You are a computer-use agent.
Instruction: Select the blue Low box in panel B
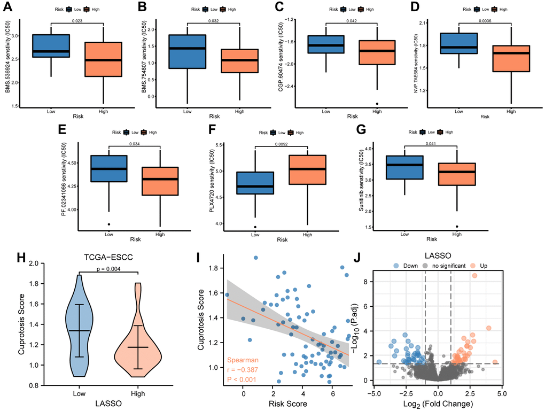pos(187,51)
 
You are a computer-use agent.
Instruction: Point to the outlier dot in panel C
pos(377,104)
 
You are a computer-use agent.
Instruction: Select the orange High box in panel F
pos(307,170)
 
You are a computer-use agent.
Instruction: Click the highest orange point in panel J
pos(474,276)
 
